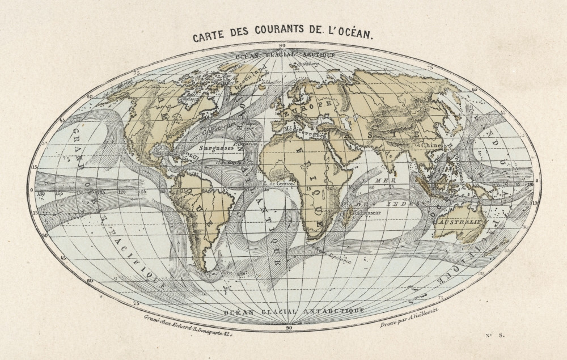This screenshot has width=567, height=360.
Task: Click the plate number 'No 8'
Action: [495, 336]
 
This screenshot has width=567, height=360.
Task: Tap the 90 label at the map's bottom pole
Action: [289, 327]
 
